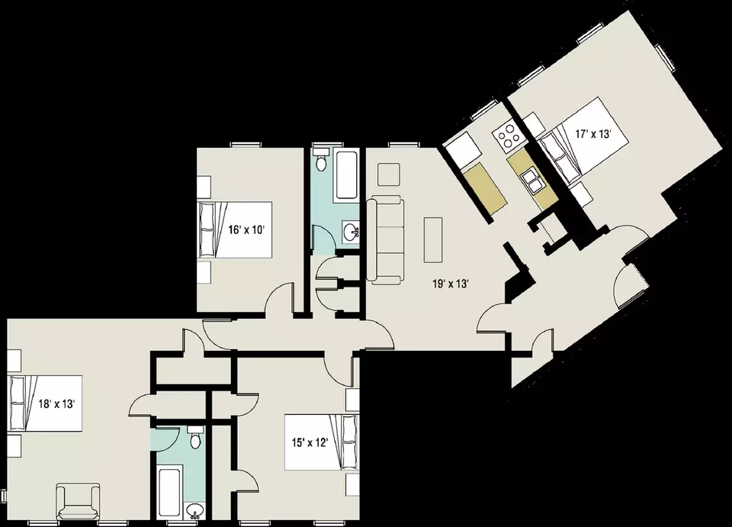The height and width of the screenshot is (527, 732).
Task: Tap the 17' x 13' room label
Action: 593,134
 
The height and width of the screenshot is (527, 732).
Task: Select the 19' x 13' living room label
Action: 450,284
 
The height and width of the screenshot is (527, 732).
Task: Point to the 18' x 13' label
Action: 56,403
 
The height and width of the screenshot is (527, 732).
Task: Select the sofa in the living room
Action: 384,240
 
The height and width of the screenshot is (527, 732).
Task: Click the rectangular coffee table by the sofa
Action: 433,239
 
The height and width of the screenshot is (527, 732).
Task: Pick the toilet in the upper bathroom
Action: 321,159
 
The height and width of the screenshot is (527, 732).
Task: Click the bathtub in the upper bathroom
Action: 347,176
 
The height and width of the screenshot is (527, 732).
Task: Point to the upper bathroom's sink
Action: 351,231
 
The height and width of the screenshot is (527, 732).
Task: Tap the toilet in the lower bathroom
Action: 195,436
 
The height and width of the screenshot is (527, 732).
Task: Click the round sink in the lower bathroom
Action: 194,510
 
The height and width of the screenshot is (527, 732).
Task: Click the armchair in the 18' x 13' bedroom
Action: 78,503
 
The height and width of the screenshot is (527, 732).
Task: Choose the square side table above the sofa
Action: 389,175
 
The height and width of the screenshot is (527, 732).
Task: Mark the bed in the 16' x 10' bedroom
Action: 236,230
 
